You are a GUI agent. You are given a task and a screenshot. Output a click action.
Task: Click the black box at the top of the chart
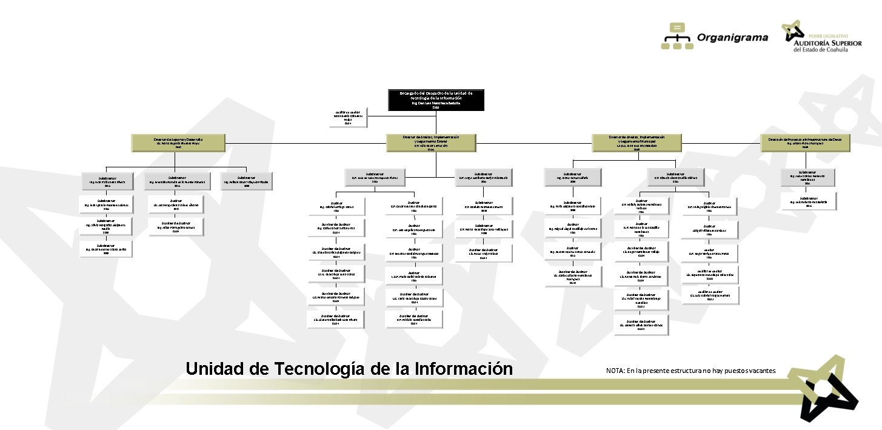[x=436, y=100]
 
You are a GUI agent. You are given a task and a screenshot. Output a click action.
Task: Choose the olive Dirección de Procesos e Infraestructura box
[x=805, y=143]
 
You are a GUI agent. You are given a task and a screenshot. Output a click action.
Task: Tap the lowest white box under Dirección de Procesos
[x=807, y=202]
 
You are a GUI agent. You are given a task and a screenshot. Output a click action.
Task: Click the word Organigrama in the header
[x=732, y=38]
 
